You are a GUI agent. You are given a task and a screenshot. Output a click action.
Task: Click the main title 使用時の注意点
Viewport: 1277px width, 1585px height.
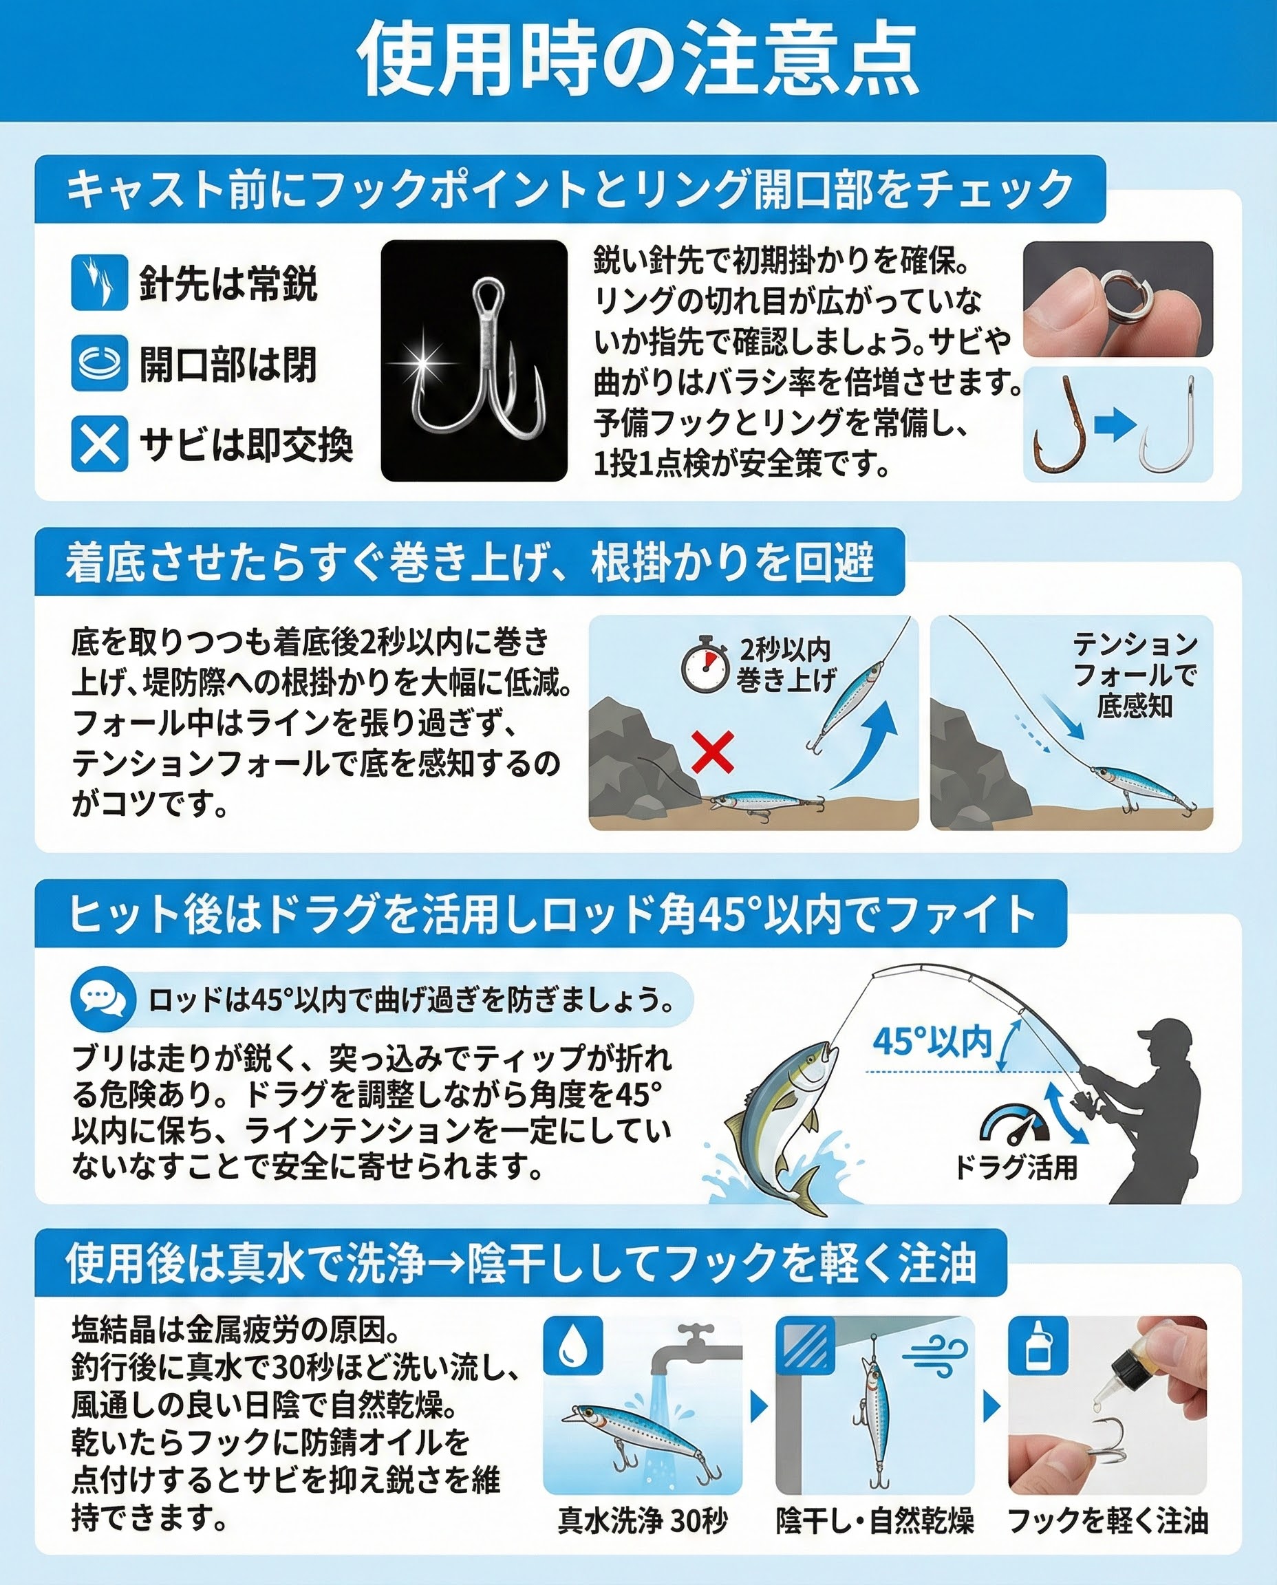(x=638, y=59)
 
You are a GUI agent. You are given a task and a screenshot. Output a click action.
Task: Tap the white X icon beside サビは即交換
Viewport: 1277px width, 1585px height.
(x=99, y=444)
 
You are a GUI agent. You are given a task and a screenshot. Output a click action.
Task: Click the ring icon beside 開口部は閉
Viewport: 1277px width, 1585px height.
(x=99, y=363)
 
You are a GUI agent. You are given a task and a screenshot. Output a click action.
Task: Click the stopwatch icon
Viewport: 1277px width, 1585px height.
(x=704, y=666)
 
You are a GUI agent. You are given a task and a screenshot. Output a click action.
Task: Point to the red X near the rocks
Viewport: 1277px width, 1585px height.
(x=713, y=753)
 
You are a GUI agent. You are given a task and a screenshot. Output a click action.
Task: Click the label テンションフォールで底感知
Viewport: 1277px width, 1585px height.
(x=1135, y=674)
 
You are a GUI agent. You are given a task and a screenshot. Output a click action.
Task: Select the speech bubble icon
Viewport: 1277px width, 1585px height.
(x=103, y=999)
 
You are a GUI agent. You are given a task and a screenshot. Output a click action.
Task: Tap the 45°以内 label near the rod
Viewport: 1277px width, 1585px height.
(x=932, y=1042)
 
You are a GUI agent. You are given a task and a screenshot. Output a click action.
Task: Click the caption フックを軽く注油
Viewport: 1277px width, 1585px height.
(x=1108, y=1521)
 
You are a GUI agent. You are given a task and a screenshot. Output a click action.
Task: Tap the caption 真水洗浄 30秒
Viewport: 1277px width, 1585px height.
(x=642, y=1521)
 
